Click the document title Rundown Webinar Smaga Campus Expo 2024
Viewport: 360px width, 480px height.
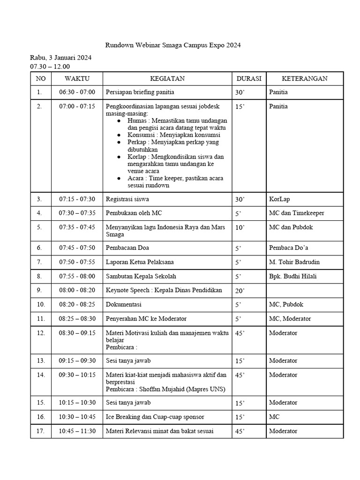(172, 45)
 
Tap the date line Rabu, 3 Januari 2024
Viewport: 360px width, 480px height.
(61, 58)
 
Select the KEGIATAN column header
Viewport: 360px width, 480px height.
(167, 78)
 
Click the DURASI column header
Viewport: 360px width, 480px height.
(249, 78)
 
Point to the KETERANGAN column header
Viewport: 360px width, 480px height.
(304, 78)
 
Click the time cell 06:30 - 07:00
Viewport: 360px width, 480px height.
(77, 92)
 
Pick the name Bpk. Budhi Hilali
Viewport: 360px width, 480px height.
(293, 276)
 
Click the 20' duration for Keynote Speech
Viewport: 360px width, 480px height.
(240, 291)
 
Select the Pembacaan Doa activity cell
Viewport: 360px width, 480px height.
(127, 247)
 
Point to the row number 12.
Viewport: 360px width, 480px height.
(41, 333)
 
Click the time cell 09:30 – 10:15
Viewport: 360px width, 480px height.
(77, 375)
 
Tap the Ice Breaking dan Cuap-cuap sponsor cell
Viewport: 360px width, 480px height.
(155, 417)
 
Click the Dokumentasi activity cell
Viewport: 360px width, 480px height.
(124, 304)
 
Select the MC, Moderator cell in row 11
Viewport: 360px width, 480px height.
(290, 319)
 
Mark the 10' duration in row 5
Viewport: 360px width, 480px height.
(240, 227)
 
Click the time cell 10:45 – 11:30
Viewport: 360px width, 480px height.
(77, 431)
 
